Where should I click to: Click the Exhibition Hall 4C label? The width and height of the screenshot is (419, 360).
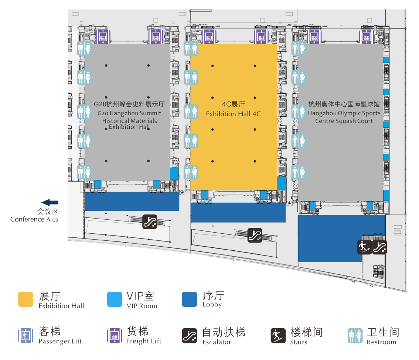click(x=233, y=109)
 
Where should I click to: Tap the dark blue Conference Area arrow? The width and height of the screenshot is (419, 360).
click(x=50, y=202)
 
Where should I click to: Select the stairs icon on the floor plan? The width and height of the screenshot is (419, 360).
click(x=364, y=247)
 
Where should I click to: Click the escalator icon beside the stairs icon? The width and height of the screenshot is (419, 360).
click(x=380, y=247)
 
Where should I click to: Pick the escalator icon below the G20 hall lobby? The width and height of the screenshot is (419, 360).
click(x=150, y=222)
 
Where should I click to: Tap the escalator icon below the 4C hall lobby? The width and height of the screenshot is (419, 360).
click(x=255, y=235)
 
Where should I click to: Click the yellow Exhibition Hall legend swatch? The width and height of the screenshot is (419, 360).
click(x=25, y=299)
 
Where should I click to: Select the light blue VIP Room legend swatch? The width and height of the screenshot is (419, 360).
click(x=115, y=299)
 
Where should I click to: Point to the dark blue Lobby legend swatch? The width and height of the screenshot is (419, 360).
click(x=190, y=299)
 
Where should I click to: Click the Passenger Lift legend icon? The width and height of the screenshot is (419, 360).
click(x=25, y=336)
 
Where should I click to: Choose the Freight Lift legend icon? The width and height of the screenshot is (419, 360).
click(x=115, y=336)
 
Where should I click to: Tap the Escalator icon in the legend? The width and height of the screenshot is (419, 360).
click(x=190, y=336)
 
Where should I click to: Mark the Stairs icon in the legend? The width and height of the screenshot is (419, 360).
click(x=278, y=336)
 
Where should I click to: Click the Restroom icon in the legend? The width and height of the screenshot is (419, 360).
click(x=355, y=336)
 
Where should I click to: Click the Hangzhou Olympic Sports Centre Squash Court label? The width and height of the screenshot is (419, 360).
click(x=344, y=113)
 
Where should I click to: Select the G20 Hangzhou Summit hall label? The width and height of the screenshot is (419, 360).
click(x=129, y=115)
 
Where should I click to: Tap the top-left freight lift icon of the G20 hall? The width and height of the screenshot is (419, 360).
click(x=103, y=37)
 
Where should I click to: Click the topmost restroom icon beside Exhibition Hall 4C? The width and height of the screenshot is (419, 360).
click(x=191, y=48)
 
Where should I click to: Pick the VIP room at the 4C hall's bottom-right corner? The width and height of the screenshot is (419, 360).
click(x=282, y=183)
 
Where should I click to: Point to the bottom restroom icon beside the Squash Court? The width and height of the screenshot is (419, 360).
click(x=299, y=172)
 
